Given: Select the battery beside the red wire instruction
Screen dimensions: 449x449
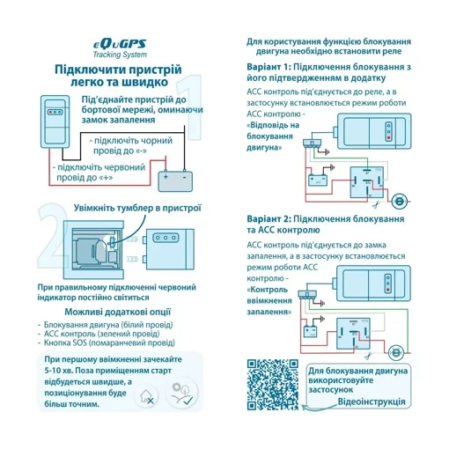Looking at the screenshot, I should pos(175,180).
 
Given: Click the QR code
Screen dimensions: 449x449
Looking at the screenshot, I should pos(270,384).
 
